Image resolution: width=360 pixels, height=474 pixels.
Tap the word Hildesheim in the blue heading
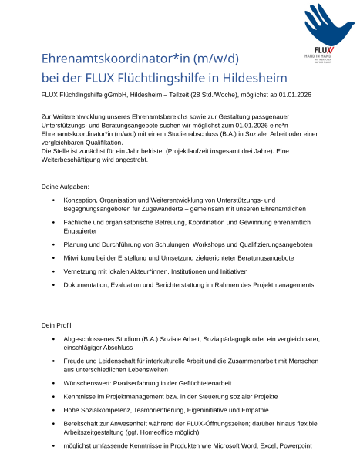[x=254, y=79]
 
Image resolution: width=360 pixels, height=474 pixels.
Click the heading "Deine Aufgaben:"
[x=65, y=187]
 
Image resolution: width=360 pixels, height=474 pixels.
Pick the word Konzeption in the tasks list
[x=82, y=200]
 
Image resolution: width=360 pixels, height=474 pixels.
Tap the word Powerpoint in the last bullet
[x=293, y=446]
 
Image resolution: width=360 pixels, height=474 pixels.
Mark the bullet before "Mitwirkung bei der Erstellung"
[x=52, y=258]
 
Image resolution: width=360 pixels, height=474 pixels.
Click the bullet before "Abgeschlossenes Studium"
[x=52, y=339]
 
